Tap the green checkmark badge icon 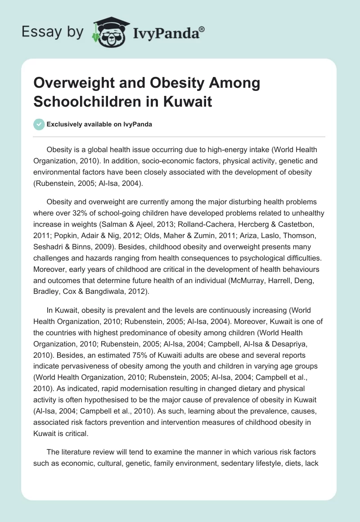pos(39,124)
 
